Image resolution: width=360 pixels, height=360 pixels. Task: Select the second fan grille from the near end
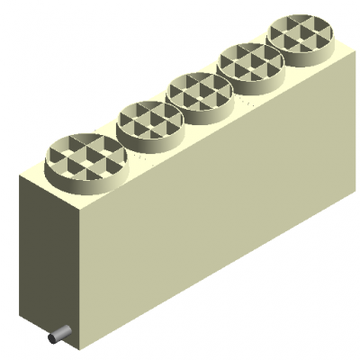pyautogui.click(x=151, y=120)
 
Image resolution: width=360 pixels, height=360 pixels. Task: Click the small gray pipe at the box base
pyautogui.click(x=59, y=333)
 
